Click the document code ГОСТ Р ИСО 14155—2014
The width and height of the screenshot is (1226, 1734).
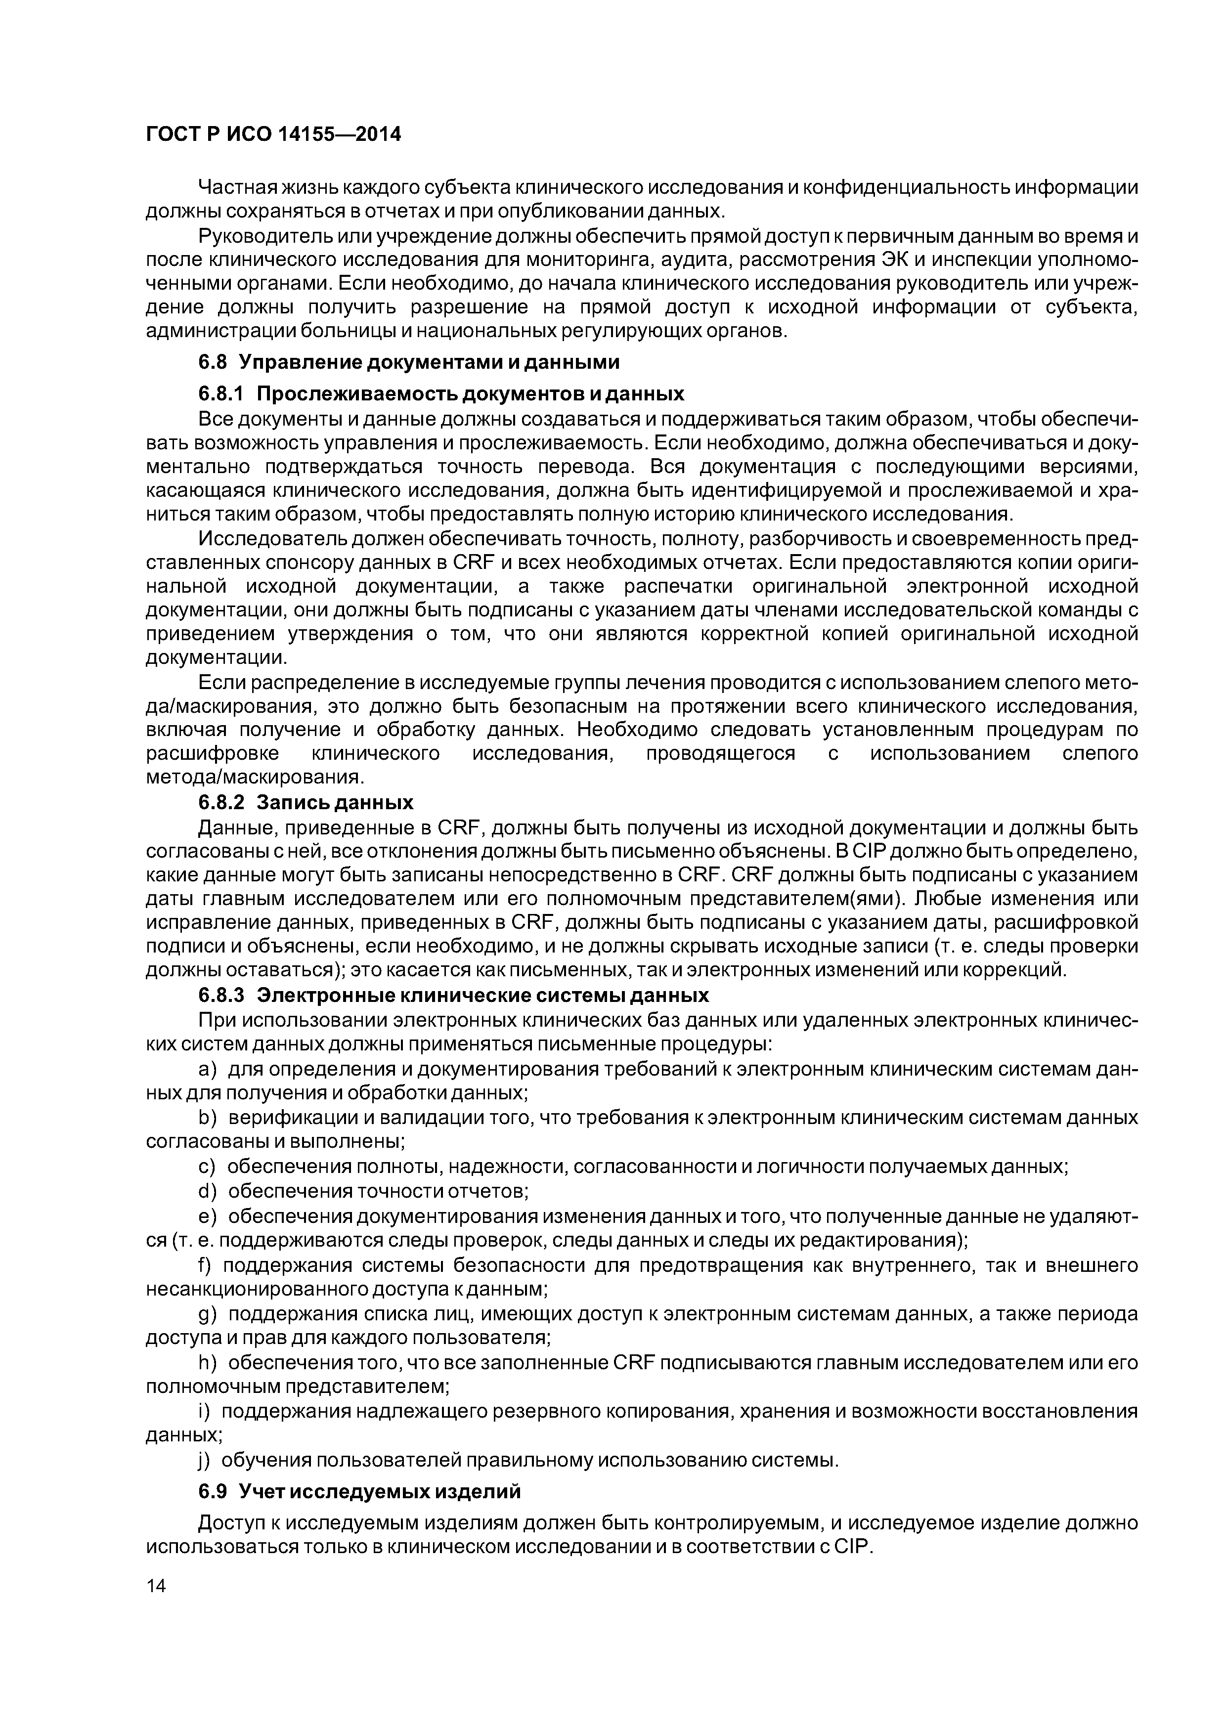273,134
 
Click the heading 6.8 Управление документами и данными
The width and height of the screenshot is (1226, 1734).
409,362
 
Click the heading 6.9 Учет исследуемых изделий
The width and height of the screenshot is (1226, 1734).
359,1492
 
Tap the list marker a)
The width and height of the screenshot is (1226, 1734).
207,1069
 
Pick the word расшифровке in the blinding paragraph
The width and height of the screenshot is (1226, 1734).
212,754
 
